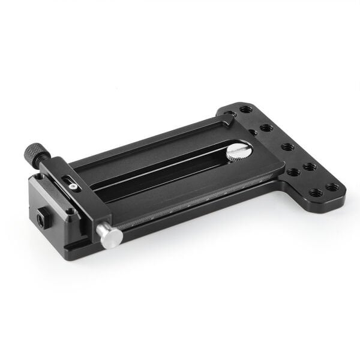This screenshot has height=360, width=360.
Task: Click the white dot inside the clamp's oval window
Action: (72, 187)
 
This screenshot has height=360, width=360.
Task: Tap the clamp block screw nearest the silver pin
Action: (71, 210)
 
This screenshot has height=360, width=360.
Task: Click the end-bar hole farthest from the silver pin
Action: (245, 110)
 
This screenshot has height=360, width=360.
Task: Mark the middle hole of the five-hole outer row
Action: (287, 146)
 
